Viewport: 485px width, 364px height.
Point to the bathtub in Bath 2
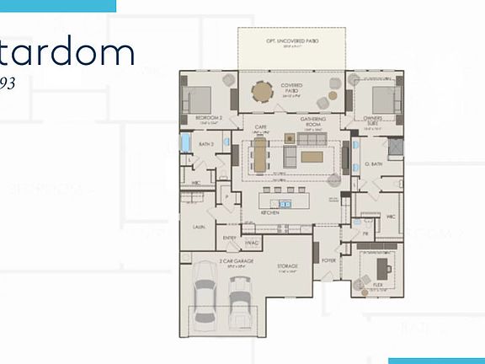click(x=185, y=144)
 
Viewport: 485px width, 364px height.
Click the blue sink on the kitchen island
click(x=285, y=203)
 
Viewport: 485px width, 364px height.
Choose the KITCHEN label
click(x=270, y=214)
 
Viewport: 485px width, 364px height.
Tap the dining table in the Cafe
click(x=259, y=156)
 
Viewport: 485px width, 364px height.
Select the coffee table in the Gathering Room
click(x=312, y=156)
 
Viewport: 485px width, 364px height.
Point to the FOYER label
click(x=328, y=262)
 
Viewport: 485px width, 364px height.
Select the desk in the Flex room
click(x=386, y=266)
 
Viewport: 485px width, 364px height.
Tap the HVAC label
click(x=251, y=243)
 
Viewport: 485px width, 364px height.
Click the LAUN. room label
click(x=199, y=227)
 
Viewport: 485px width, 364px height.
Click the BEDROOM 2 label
click(x=208, y=117)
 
